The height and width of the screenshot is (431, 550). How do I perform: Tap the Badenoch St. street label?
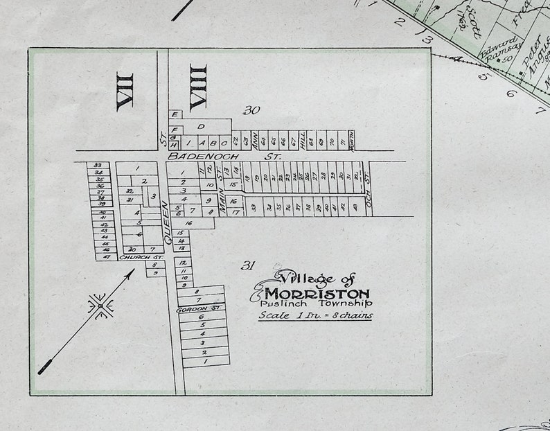[x=222, y=157]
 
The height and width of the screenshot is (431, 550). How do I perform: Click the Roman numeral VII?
[x=125, y=90]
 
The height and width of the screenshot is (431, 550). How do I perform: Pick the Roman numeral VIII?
[x=198, y=87]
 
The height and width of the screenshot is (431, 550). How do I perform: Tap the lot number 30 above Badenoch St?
[x=251, y=110]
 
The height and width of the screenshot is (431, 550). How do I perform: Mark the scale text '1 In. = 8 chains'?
[x=315, y=315]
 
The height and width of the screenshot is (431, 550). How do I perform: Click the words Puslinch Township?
[x=316, y=304]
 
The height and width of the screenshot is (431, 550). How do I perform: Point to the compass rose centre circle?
[x=101, y=306]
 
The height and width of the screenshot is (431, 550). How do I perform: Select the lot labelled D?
[x=201, y=127]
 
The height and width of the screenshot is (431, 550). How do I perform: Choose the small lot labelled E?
[x=175, y=114]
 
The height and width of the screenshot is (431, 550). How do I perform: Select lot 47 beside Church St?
[x=106, y=257]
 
